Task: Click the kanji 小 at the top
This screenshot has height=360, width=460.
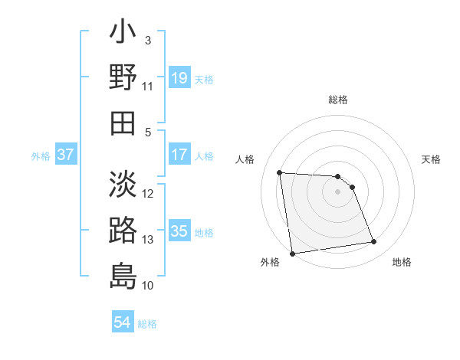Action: coord(123,34)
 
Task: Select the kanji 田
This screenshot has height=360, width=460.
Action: coord(123,123)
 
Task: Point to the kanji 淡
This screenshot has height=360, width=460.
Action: coord(123,185)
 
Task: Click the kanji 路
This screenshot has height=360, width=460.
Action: coord(123,231)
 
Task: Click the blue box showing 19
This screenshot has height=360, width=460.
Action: coord(179,78)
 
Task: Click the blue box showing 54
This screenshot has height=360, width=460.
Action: coord(123,323)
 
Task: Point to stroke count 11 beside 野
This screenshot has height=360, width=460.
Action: coord(148,87)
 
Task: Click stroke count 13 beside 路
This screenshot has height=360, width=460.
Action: coord(148,240)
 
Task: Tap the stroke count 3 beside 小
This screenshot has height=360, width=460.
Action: coord(148,41)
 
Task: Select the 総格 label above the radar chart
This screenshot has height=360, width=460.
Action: coord(337,100)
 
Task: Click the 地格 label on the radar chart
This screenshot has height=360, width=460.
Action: coord(401,262)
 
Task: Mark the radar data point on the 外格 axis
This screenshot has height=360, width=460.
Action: coord(291,254)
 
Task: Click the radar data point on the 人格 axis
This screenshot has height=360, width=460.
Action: coord(279,172)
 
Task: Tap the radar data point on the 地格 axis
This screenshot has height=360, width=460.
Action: coord(373,242)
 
